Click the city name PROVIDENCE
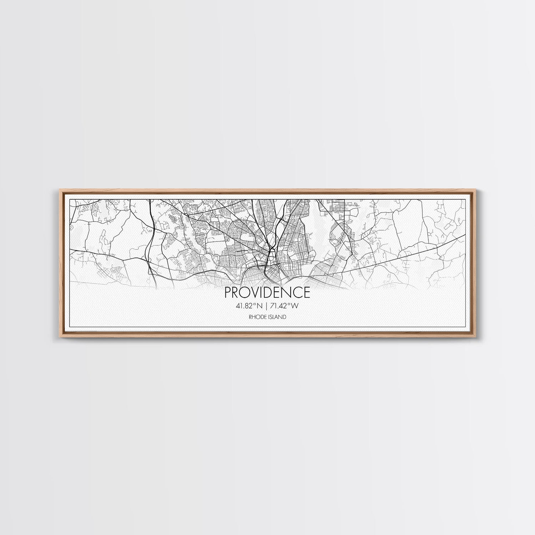[x=267, y=292]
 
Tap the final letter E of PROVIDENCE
[x=306, y=292]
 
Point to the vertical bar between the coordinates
[x=267, y=305]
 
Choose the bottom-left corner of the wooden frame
[x=57, y=337]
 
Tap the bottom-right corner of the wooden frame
[x=478, y=337]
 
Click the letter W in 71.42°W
[x=295, y=305]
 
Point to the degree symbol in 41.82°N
[x=256, y=304]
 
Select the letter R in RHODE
[x=250, y=317]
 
